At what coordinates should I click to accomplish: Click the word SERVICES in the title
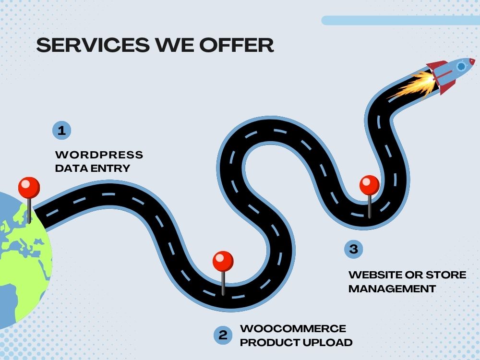pyautogui.click(x=93, y=45)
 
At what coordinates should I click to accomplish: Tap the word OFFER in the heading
pyautogui.click(x=236, y=45)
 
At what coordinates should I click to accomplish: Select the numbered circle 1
pyautogui.click(x=61, y=131)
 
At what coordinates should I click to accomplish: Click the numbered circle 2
pyautogui.click(x=223, y=335)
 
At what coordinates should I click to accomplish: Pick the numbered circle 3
pyautogui.click(x=353, y=249)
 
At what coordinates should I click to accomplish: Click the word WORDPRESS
pyautogui.click(x=99, y=155)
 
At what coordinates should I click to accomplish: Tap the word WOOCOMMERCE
pyautogui.click(x=293, y=328)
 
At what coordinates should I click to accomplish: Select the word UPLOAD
pyautogui.click(x=327, y=342)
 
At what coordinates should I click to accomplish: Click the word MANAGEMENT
pyautogui.click(x=392, y=288)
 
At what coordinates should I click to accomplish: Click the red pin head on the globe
pyautogui.click(x=29, y=187)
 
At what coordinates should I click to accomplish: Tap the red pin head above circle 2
pyautogui.click(x=223, y=261)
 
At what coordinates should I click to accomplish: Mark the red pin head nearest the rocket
pyautogui.click(x=370, y=185)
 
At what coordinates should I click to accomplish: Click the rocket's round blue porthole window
pyautogui.click(x=461, y=66)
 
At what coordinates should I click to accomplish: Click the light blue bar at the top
pyautogui.click(x=401, y=21)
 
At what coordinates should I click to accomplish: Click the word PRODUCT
pyautogui.click(x=270, y=342)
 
